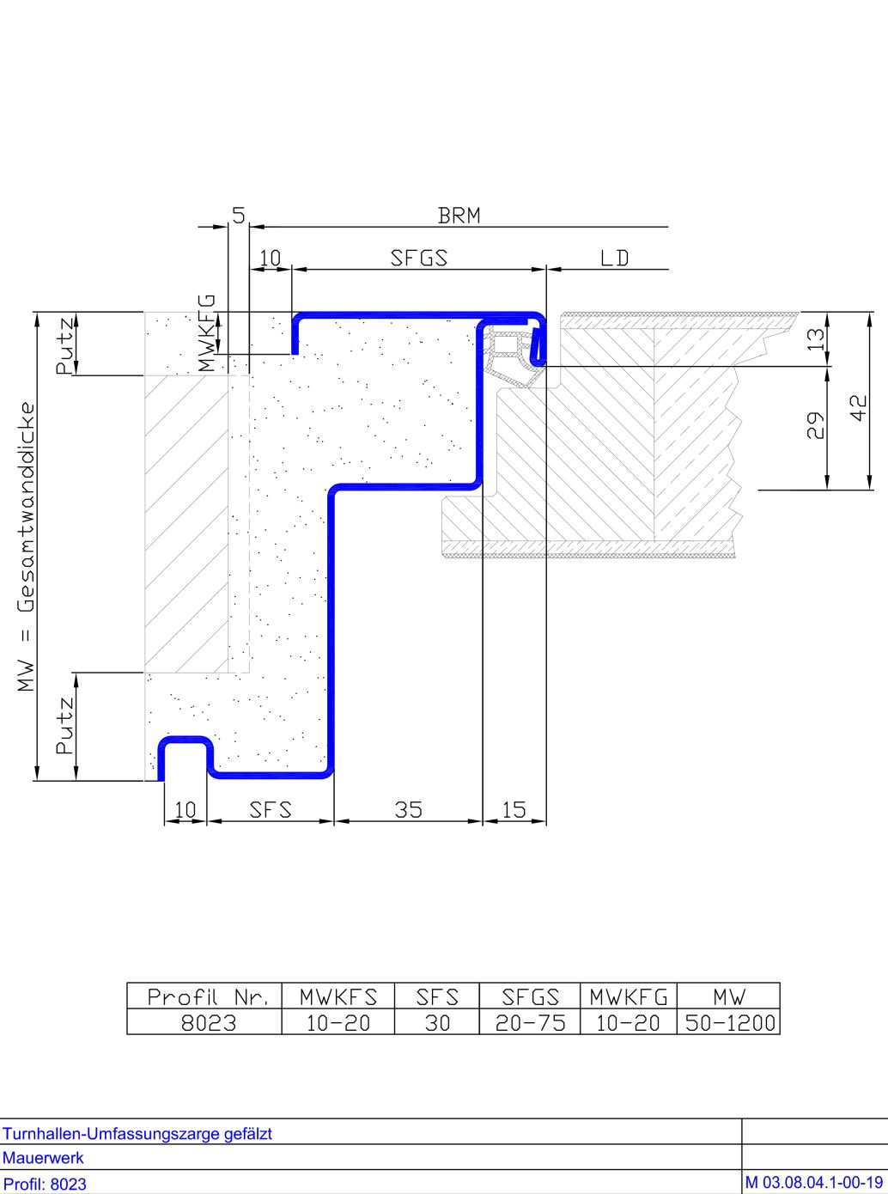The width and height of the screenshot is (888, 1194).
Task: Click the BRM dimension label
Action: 459,216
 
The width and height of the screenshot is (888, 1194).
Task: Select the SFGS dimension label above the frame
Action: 419,258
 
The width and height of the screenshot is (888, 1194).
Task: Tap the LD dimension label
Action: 614,259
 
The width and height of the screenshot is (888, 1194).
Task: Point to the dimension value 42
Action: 859,407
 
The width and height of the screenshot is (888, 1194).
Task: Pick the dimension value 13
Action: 816,339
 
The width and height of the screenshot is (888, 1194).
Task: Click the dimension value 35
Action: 409,810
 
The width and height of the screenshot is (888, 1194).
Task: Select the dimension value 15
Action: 514,810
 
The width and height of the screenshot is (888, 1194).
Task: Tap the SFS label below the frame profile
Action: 271,810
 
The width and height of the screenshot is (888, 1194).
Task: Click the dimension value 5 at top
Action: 239,216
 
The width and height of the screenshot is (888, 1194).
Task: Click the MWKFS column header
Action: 338,996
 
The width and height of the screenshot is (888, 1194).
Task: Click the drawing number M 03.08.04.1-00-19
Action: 814,1183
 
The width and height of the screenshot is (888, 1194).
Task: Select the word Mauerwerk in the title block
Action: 43,1158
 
